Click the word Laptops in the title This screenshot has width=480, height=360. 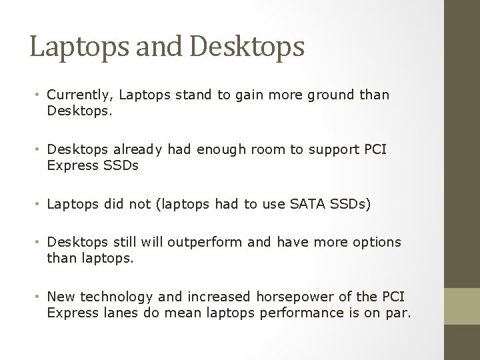[71, 48]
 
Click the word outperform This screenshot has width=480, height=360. [206, 242]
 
